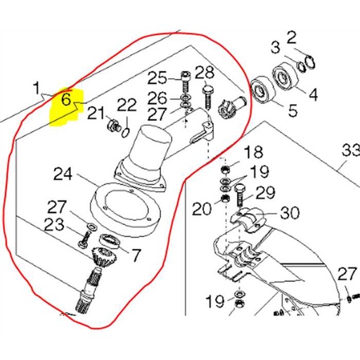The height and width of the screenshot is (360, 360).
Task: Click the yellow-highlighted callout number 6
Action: click(67, 99)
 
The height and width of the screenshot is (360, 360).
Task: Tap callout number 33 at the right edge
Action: click(350, 150)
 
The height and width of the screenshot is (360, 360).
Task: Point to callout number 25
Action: click(157, 77)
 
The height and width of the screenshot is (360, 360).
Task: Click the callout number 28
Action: click(205, 72)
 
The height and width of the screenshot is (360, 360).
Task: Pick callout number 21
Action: click(96, 114)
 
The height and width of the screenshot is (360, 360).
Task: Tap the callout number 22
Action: click(127, 105)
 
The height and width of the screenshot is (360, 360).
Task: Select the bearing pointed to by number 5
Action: click(263, 89)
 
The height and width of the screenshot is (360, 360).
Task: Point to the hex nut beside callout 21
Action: click(112, 127)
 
